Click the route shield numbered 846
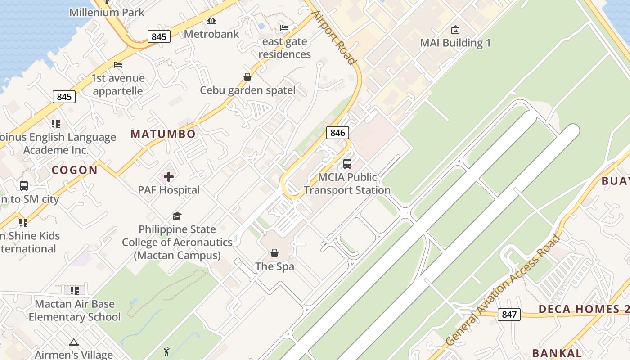(337, 132)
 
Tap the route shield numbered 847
(509, 315)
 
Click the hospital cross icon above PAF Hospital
(169, 177)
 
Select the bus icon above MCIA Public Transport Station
(347, 164)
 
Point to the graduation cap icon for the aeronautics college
(177, 216)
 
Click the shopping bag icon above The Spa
(274, 253)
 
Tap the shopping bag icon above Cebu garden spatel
(247, 77)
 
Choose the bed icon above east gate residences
(284, 28)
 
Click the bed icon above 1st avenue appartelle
(118, 65)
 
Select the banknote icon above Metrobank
(211, 21)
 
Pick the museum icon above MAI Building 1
(455, 30)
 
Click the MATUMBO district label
(163, 134)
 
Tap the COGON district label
(75, 170)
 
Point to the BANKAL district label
(557, 353)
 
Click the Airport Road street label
(335, 38)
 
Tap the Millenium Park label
(107, 12)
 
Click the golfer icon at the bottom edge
(167, 351)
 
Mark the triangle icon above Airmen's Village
(74, 342)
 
